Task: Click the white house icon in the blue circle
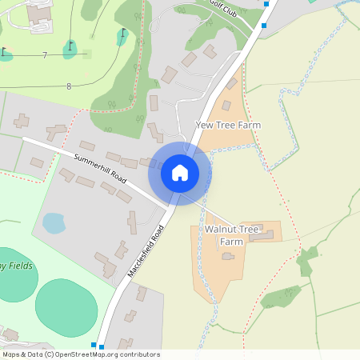(x=180, y=172)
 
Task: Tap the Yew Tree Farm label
(x=228, y=126)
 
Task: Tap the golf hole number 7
(x=45, y=54)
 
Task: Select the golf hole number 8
(x=69, y=86)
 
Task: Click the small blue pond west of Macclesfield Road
(x=54, y=222)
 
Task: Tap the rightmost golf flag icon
(x=122, y=35)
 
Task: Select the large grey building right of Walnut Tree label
(x=261, y=235)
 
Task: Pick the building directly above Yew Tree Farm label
(x=226, y=106)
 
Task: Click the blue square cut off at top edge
(x=266, y=3)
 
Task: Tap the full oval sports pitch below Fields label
(x=66, y=307)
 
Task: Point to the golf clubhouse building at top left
(x=38, y=13)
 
